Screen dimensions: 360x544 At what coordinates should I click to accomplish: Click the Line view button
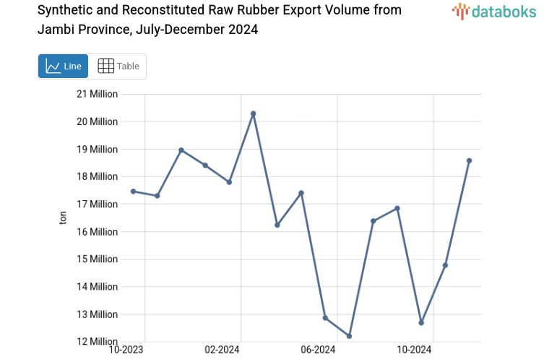[63, 66]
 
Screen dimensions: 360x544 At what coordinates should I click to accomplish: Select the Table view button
[118, 66]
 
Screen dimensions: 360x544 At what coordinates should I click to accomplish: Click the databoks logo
[495, 11]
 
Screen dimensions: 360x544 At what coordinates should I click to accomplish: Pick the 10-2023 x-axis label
[126, 350]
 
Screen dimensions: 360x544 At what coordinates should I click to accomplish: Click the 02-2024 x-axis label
[222, 350]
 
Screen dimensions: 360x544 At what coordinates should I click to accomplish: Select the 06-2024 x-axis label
[318, 350]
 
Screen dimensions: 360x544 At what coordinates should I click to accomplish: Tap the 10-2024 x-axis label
[414, 350]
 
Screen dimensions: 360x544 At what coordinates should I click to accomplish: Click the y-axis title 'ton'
[63, 218]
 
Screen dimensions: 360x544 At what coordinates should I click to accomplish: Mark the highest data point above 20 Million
[253, 113]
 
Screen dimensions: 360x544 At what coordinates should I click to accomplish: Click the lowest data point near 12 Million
[350, 336]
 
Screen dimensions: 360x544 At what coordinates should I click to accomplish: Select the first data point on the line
[133, 191]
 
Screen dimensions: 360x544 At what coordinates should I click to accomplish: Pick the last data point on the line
[469, 160]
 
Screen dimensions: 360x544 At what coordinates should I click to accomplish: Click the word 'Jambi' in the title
[56, 30]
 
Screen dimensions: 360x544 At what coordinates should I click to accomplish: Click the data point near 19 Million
[181, 150]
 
